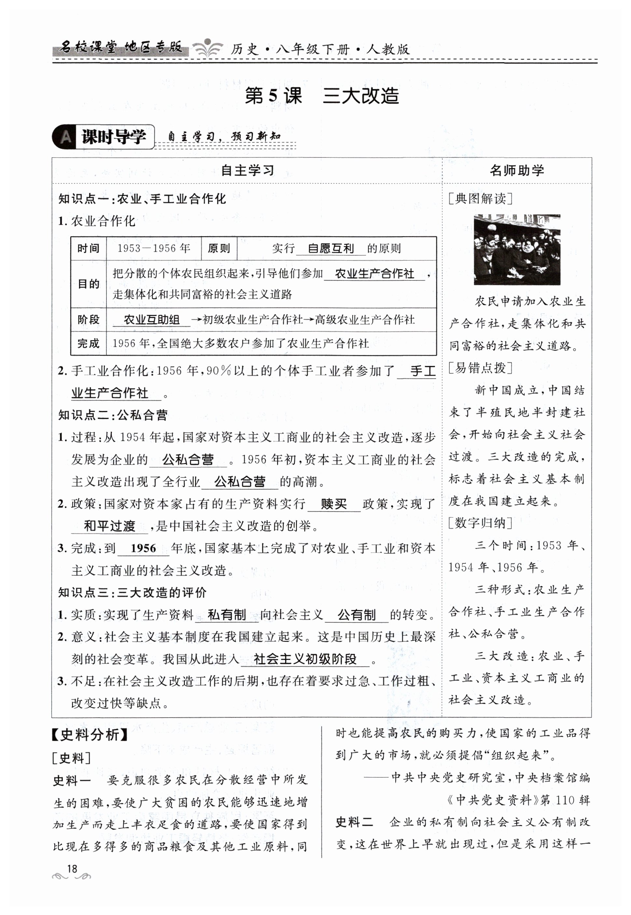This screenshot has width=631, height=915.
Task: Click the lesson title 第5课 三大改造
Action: click(322, 96)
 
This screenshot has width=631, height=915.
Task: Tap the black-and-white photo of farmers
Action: click(517, 249)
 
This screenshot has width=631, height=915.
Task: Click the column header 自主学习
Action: click(247, 170)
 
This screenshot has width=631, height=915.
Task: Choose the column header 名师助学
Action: click(516, 170)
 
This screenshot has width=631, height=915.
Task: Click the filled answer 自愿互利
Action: click(330, 249)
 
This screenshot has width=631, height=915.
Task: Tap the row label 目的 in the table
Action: click(88, 284)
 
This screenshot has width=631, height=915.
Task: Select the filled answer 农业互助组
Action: click(151, 319)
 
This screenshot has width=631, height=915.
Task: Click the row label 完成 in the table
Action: click(88, 343)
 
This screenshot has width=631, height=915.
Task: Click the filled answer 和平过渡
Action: click(109, 526)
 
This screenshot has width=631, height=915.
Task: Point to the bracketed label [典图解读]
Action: click(480, 198)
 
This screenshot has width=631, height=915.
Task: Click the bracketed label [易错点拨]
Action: click(480, 368)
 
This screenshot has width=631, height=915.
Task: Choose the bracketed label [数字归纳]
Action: click(480, 523)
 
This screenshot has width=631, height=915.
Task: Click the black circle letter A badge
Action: click(65, 137)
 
